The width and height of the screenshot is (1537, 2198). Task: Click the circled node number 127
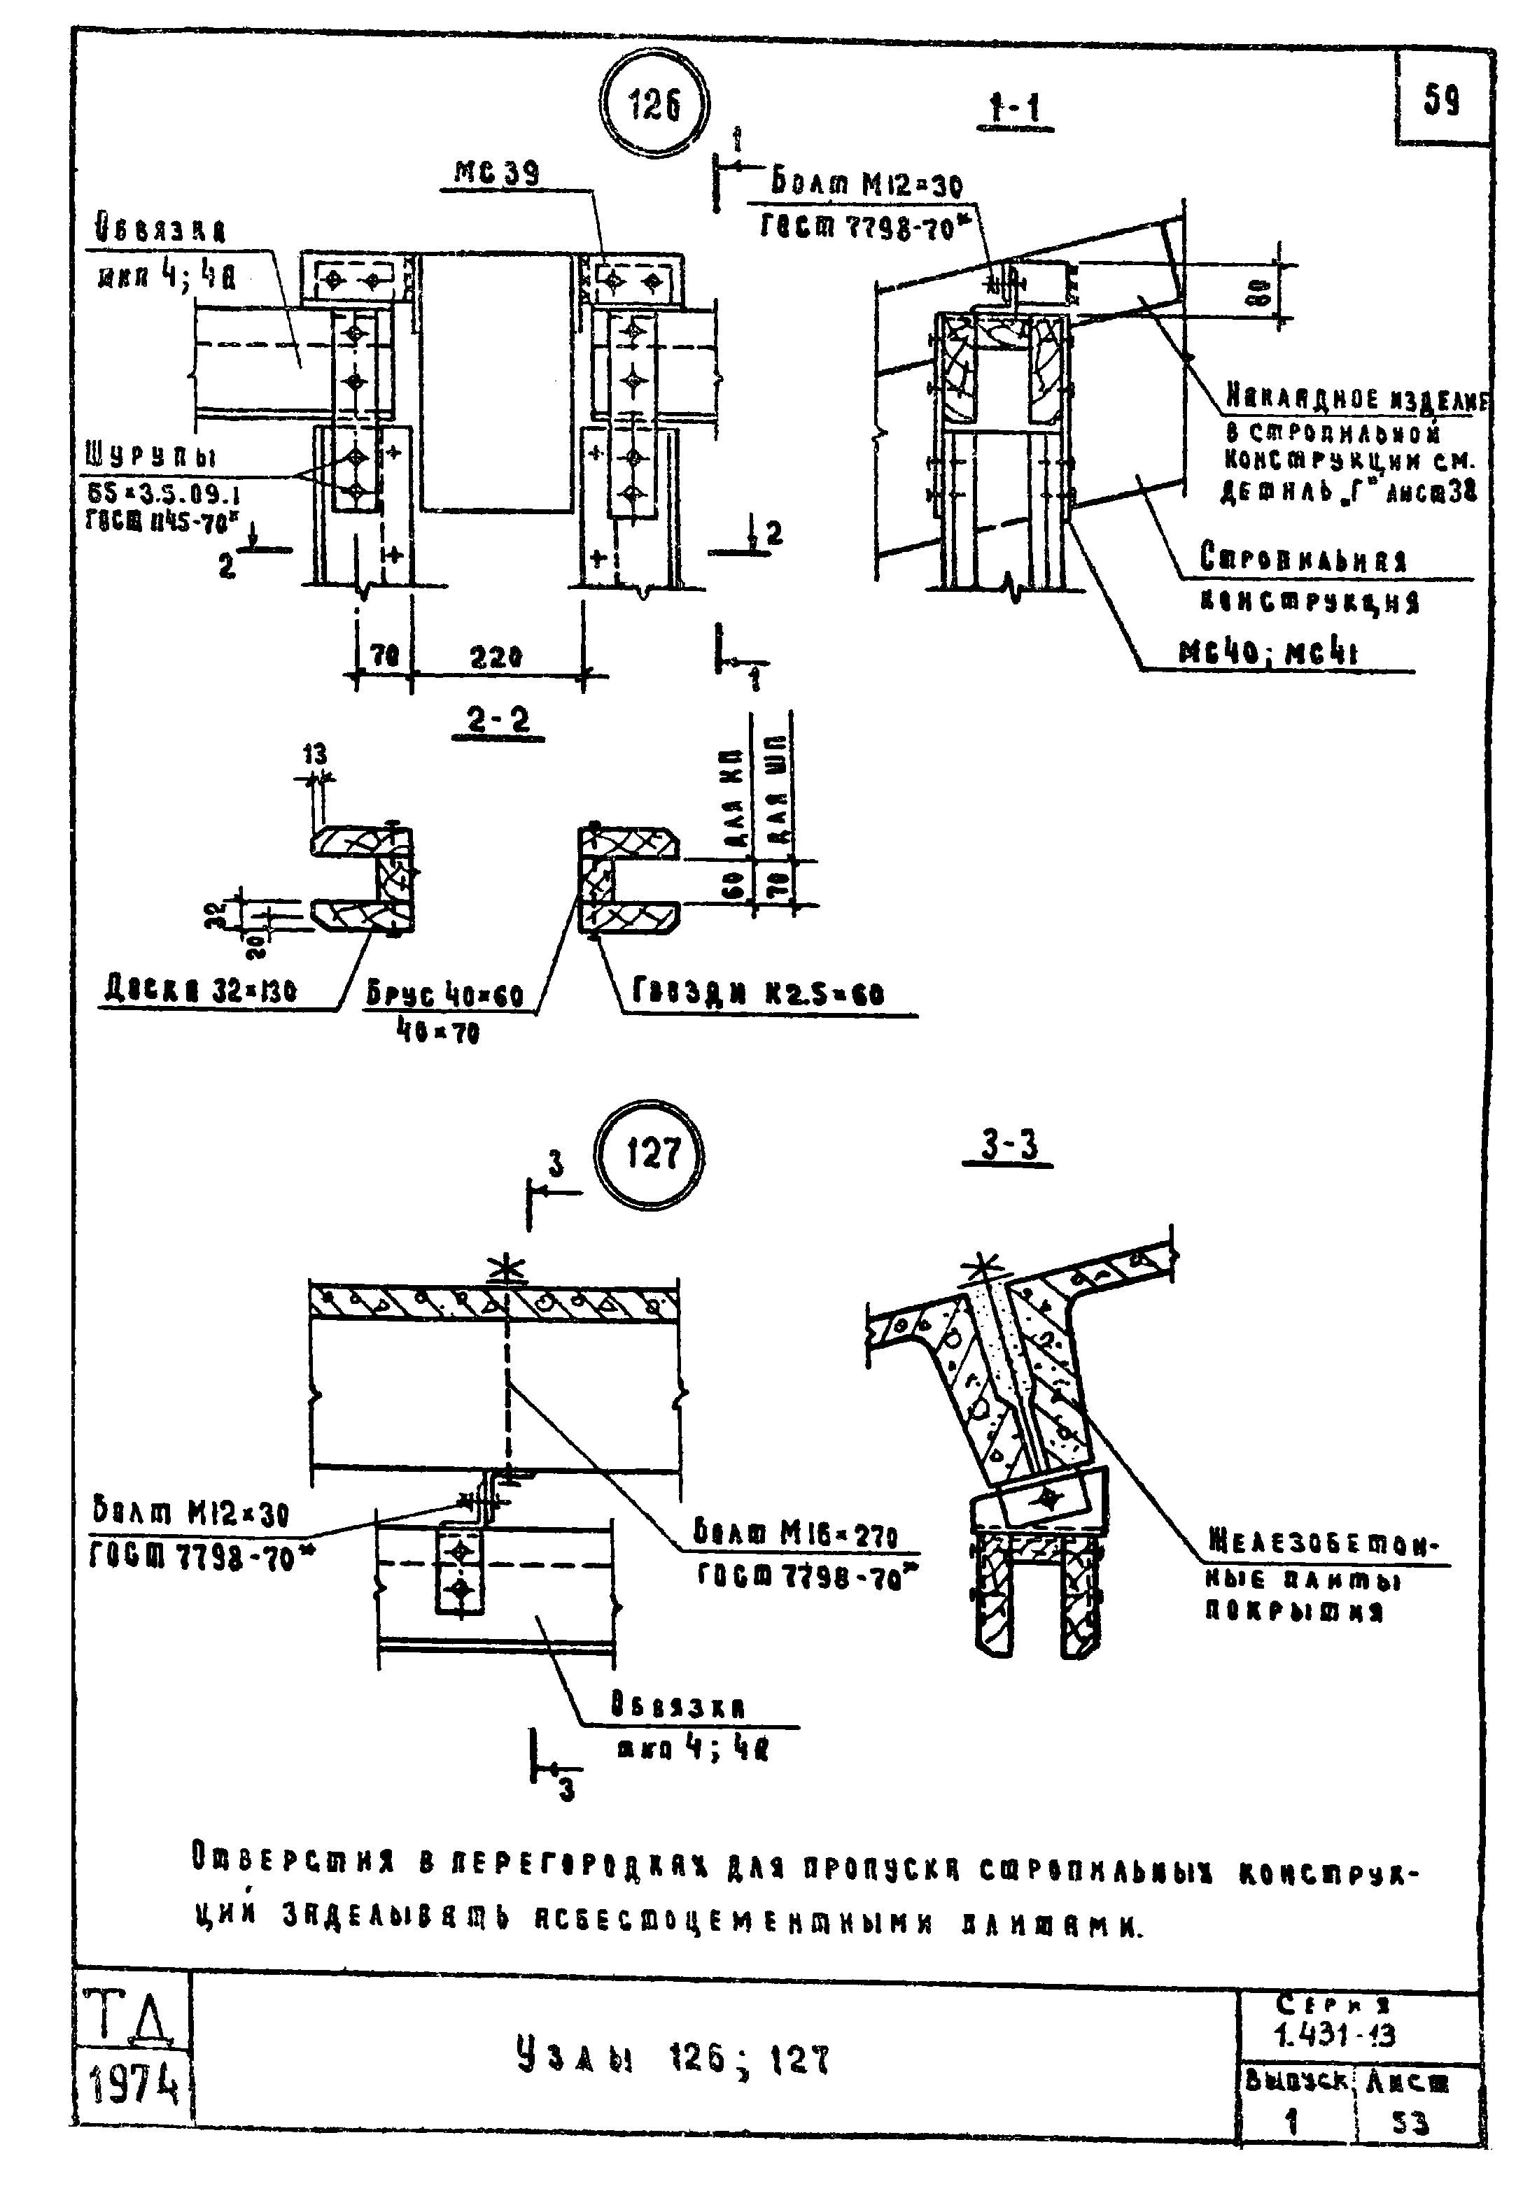click(651, 1153)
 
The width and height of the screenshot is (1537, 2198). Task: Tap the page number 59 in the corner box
click(1441, 99)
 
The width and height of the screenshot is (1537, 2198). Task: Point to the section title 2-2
click(498, 721)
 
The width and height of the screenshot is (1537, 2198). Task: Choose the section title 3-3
click(1009, 1145)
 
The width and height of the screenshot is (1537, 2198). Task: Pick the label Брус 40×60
click(445, 995)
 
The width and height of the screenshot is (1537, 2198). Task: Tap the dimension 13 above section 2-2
click(315, 756)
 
